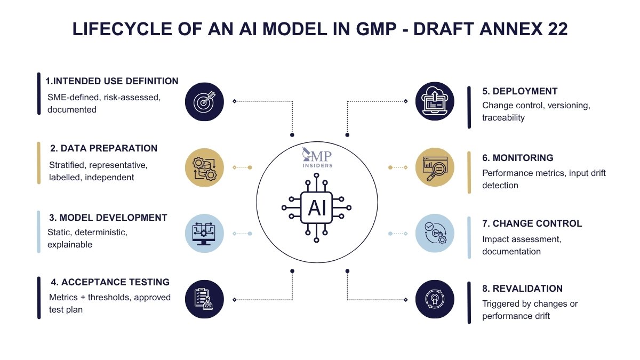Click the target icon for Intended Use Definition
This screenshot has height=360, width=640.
click(204, 101)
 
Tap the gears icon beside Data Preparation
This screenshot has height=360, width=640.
click(204, 167)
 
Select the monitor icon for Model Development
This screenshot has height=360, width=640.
click(204, 233)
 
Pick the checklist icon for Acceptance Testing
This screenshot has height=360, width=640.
click(204, 299)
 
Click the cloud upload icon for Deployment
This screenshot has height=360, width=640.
click(435, 101)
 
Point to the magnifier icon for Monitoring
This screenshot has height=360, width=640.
click(435, 167)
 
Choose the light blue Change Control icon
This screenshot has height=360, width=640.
click(435, 233)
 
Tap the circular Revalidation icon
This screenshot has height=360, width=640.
click(435, 299)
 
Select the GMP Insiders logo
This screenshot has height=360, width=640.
click(317, 158)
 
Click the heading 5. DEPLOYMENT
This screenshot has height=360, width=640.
click(520, 91)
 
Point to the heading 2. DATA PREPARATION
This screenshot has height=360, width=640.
click(103, 148)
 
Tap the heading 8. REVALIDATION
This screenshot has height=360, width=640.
click(522, 289)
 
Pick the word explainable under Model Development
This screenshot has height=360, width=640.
click(70, 245)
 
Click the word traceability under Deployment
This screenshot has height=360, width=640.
click(503, 117)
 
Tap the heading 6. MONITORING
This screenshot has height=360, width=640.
click(518, 158)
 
